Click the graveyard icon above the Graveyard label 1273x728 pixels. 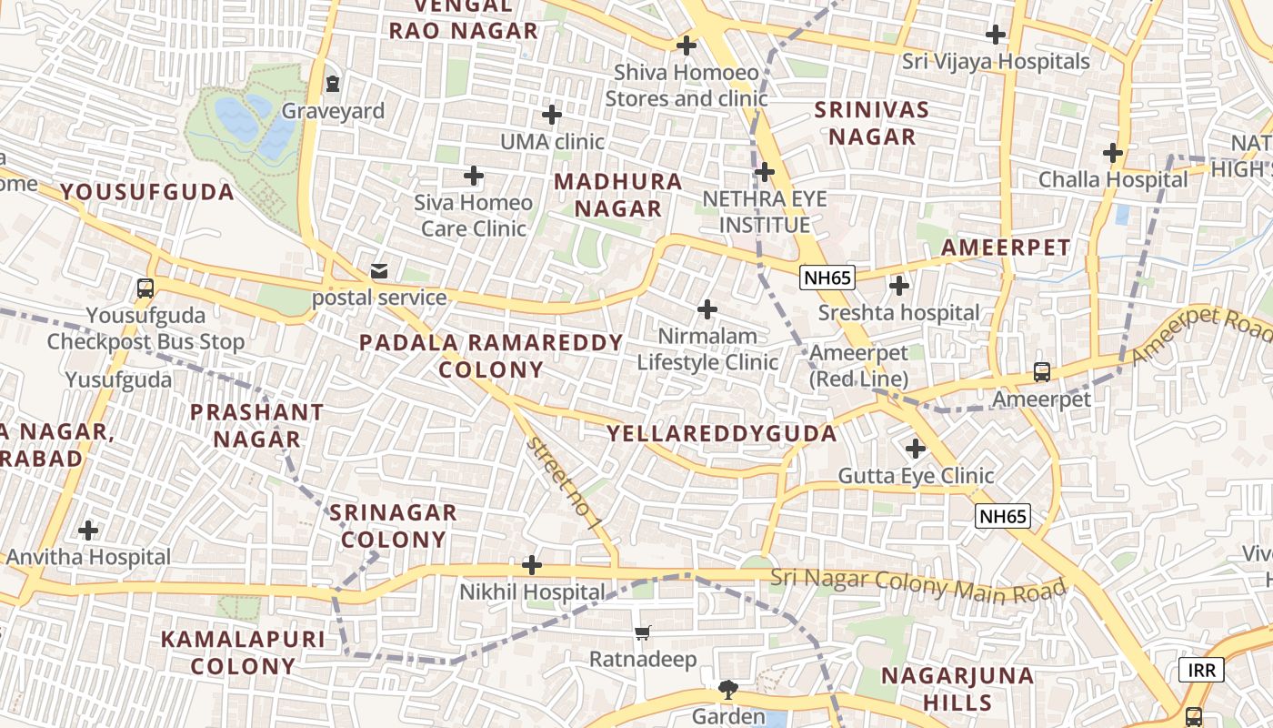click(333, 85)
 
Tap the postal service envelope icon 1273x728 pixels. click(378, 271)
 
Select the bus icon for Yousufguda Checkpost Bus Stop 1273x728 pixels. click(145, 289)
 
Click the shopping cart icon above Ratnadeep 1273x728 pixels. click(643, 632)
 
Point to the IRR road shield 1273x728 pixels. click(1201, 671)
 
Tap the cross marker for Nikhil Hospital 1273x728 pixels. click(532, 566)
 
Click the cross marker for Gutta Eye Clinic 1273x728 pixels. click(916, 449)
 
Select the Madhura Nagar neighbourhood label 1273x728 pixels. click(618, 195)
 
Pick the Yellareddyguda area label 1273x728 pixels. click(721, 434)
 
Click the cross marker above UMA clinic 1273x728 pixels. click(552, 115)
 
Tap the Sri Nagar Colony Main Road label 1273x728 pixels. click(918, 583)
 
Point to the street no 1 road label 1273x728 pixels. click(564, 483)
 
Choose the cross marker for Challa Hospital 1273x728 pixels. click(1113, 153)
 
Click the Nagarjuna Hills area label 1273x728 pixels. click(957, 689)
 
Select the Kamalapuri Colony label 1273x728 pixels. click(243, 652)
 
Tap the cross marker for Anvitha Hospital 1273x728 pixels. click(88, 530)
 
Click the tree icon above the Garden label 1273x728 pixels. click(727, 690)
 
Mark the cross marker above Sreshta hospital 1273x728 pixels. click(899, 286)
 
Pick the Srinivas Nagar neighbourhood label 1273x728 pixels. click(870, 124)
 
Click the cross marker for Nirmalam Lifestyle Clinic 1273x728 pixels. click(707, 309)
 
